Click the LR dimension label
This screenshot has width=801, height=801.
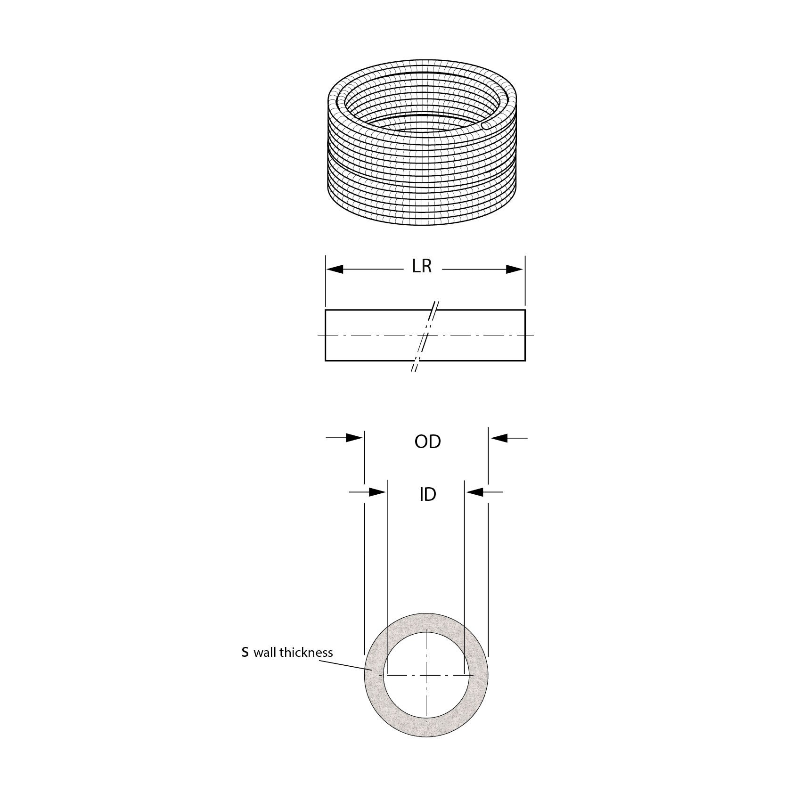[422, 266]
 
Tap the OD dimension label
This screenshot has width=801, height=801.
[427, 442]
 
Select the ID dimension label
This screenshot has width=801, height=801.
[427, 495]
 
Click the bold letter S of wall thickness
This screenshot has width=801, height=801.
[245, 653]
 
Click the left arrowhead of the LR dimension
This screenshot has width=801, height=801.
[335, 270]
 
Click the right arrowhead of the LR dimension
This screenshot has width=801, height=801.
[515, 270]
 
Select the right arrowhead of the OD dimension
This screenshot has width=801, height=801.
[499, 438]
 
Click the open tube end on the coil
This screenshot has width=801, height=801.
[485, 126]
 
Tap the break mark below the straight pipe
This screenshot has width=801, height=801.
[415, 367]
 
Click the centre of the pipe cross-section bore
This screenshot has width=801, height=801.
[426, 675]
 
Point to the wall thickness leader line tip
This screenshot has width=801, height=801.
[372, 670]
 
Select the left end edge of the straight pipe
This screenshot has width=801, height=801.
[326, 335]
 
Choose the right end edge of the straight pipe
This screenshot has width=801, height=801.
[525, 335]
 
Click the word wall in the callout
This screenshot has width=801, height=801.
[265, 653]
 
